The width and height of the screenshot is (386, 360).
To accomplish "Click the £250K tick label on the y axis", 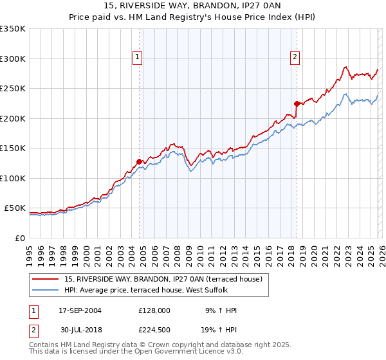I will click(13, 89).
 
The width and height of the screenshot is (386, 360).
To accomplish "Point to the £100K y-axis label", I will click(13, 178).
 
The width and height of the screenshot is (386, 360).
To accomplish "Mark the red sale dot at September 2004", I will click(139, 162).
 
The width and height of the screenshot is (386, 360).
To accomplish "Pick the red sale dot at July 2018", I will click(297, 104).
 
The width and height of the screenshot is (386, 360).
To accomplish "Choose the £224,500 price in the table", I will click(154, 329).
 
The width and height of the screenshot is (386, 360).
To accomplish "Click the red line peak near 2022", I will click(346, 67).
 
